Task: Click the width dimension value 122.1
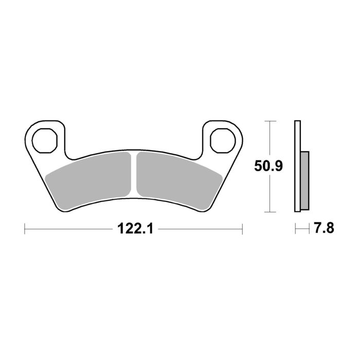point(134,228)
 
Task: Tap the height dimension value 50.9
point(270,166)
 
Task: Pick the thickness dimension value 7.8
point(323,228)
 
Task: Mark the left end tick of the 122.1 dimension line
point(25,228)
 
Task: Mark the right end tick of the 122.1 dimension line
point(242,228)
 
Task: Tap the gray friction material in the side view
point(304,180)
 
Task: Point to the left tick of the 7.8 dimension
point(295,228)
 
